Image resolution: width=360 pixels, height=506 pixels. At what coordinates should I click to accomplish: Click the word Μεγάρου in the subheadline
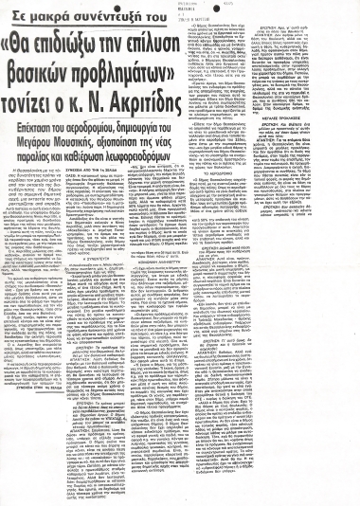44,135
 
